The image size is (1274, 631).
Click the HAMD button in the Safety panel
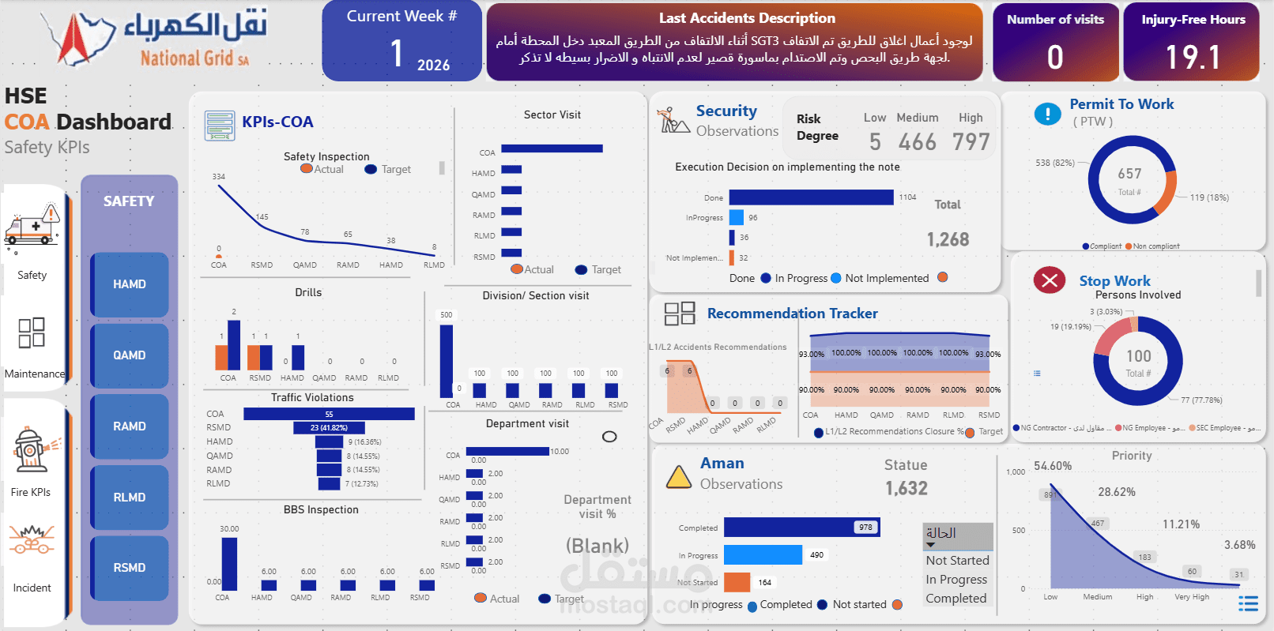(129, 284)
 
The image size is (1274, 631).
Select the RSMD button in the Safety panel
(129, 568)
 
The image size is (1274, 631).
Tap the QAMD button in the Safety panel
(129, 355)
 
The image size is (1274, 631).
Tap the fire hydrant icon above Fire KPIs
(32, 451)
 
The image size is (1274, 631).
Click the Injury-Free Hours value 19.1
(1193, 58)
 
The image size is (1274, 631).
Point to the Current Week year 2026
(433, 66)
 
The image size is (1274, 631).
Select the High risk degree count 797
(971, 142)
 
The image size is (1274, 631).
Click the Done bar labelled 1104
(811, 197)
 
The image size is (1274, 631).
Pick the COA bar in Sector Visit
(552, 148)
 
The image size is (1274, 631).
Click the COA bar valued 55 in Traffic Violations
(329, 414)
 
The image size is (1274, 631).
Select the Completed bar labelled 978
(801, 528)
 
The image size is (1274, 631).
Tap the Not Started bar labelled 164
(737, 582)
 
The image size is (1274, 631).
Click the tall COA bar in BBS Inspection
(229, 564)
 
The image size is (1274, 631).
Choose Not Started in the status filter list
(957, 560)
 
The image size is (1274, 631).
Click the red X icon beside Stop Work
(1049, 280)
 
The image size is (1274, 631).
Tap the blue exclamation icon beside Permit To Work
(1047, 115)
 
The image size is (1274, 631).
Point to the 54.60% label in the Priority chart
(1053, 466)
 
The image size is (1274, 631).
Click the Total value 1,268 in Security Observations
(948, 239)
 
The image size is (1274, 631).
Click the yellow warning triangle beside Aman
(678, 477)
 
